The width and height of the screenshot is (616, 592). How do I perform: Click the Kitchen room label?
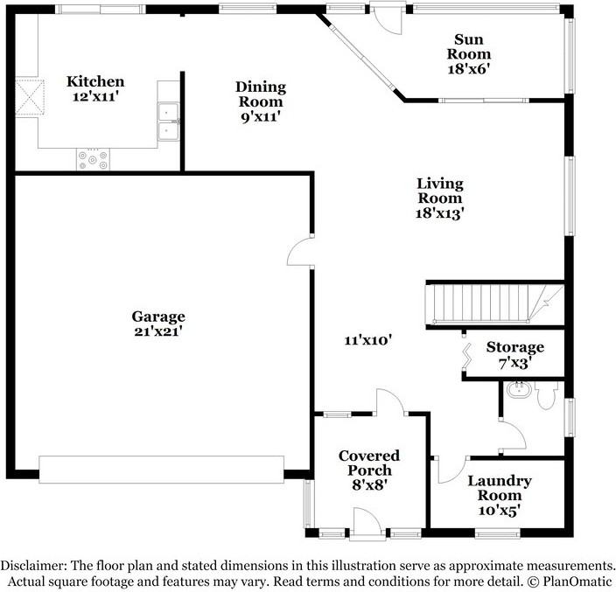point(95,81)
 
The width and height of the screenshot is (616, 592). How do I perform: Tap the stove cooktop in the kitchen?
point(93,159)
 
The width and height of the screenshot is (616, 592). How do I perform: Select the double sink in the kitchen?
point(168,122)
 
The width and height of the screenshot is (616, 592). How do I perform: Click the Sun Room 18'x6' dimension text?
point(469,69)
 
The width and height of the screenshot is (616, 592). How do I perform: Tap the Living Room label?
point(440,191)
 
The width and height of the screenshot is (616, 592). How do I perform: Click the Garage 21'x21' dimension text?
point(157,331)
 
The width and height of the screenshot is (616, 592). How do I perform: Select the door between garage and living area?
point(300,251)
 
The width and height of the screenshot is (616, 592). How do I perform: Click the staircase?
point(495,303)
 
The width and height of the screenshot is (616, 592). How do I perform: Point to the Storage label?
point(515,347)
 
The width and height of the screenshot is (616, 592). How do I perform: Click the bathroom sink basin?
point(519,389)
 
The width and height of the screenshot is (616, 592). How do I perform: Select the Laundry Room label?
point(500,488)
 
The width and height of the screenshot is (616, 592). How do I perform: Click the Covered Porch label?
point(369,463)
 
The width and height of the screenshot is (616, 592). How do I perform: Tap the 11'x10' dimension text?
point(368,340)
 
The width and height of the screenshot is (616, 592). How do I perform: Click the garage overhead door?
point(162,469)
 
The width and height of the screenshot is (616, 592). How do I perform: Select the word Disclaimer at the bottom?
point(33,565)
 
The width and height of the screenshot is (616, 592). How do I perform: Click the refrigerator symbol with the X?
point(30,97)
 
